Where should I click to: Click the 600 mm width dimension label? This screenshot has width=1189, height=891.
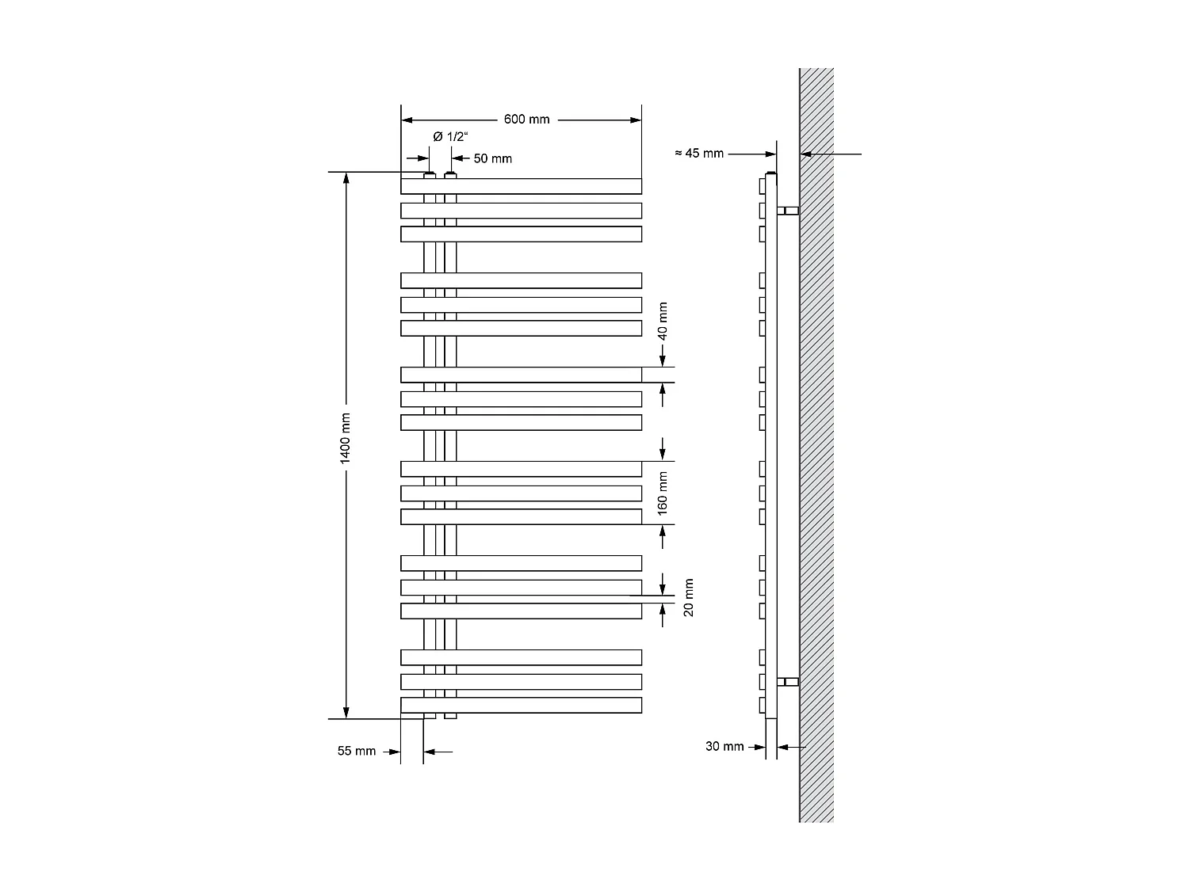coord(526,120)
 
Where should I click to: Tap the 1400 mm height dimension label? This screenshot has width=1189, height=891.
coord(346,439)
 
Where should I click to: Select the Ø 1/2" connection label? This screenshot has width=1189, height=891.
coord(449,136)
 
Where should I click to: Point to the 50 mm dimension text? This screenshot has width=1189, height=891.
coord(492,158)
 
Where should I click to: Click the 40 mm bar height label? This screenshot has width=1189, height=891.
coord(663,321)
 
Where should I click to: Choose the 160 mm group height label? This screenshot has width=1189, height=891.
coord(663,493)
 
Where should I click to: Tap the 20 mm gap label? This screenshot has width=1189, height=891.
coord(688,597)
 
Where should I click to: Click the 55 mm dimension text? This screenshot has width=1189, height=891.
coord(356,751)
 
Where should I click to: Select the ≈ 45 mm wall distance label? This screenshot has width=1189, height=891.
coord(699,153)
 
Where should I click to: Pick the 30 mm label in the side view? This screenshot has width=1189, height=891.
coord(724,746)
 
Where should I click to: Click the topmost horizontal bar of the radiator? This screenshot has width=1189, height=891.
coord(521,186)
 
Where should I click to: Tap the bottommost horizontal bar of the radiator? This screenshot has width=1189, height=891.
coord(521,705)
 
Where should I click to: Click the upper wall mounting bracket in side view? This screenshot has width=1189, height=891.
coord(788,210)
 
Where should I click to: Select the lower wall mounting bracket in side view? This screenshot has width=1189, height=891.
coord(788,681)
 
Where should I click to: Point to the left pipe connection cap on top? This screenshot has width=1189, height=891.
coord(429,174)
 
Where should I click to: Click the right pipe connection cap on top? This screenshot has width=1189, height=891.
coord(450,174)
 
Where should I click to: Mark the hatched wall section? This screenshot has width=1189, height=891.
coord(816,444)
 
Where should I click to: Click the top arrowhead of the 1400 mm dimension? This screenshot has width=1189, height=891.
coord(346,177)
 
